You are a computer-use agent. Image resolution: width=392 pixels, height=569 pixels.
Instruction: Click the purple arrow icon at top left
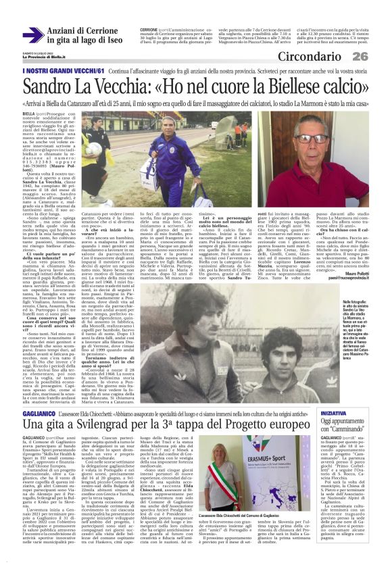click(32, 35)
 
